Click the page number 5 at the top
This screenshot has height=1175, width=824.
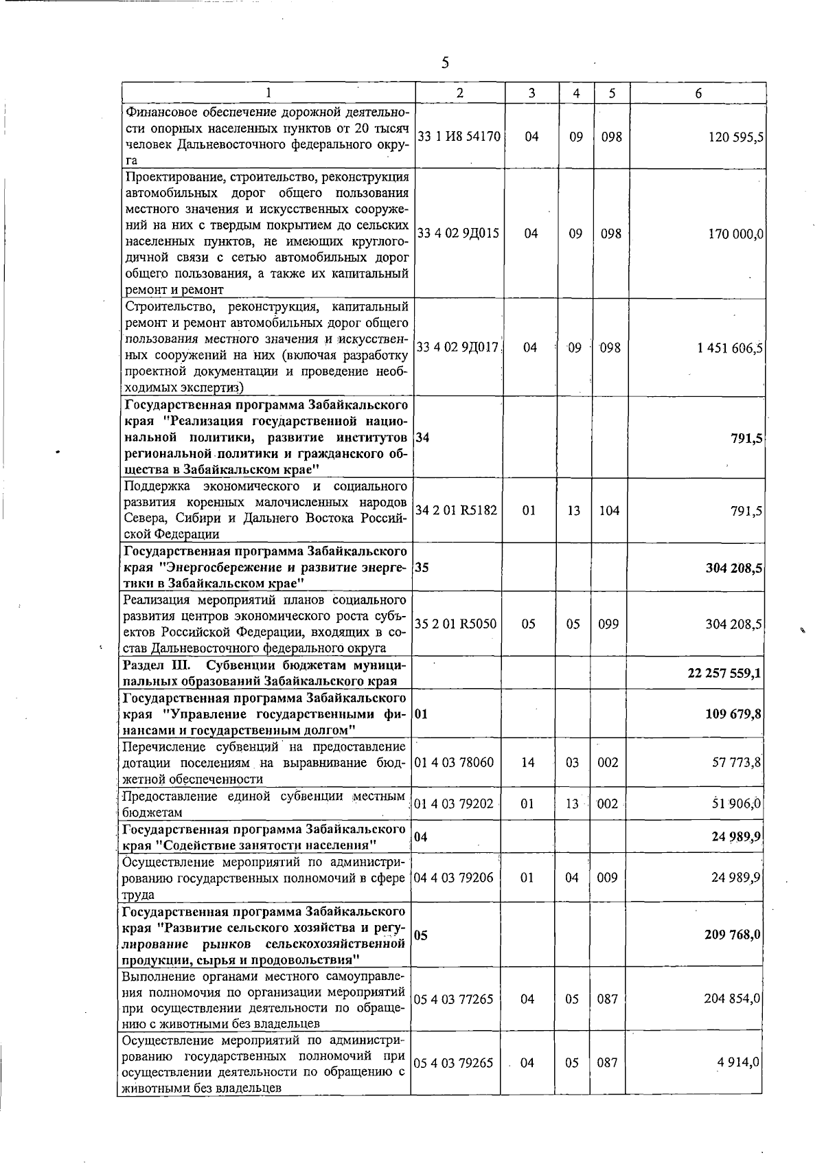click(x=445, y=63)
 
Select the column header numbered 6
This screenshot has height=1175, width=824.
click(x=698, y=93)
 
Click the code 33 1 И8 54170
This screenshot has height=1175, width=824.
click(x=459, y=137)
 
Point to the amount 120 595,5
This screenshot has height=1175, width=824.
click(x=735, y=137)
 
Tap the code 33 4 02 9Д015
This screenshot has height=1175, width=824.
click(x=458, y=233)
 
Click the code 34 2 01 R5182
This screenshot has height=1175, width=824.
click(x=456, y=511)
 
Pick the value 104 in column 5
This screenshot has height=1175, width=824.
click(x=608, y=511)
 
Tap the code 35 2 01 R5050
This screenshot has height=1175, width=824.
click(x=456, y=624)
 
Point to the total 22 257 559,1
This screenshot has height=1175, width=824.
click(x=723, y=674)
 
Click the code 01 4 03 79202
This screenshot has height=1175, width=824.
click(x=454, y=803)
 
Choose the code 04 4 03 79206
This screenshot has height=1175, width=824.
click(x=454, y=878)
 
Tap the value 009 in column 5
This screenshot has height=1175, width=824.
click(x=607, y=878)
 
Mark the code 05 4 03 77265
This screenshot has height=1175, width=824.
click(x=454, y=999)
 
